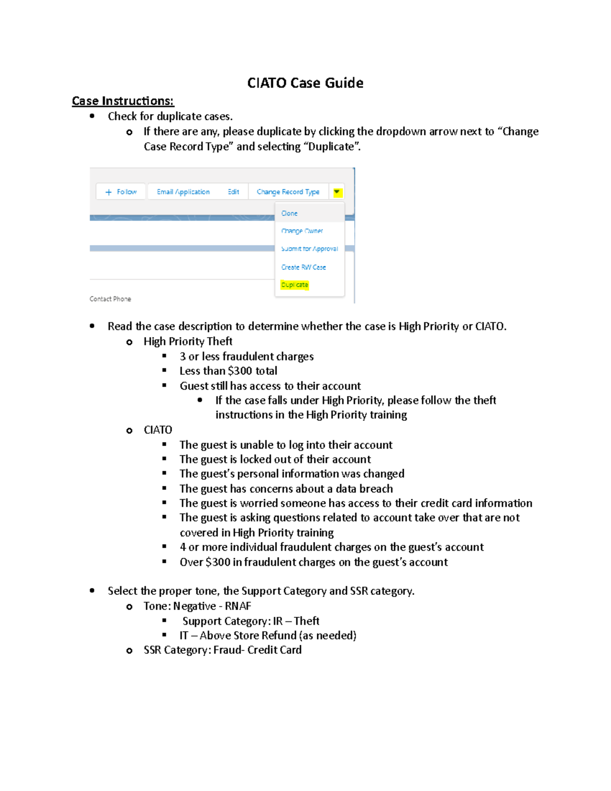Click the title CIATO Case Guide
[x=305, y=83]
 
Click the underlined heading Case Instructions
[x=123, y=101]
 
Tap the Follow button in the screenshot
[x=121, y=192]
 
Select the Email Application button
[x=183, y=192]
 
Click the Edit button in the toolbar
[x=233, y=192]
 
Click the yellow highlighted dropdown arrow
[x=337, y=192]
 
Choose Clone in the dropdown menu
[x=289, y=213]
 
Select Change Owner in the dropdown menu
[x=302, y=231]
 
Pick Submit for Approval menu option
[x=309, y=249]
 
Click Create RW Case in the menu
[x=303, y=267]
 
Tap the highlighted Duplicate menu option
[x=295, y=285]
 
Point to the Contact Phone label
[x=110, y=299]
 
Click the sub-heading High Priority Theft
[x=188, y=341]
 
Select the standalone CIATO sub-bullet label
[x=158, y=430]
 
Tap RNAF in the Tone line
[x=238, y=606]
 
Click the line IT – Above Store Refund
[x=268, y=636]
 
